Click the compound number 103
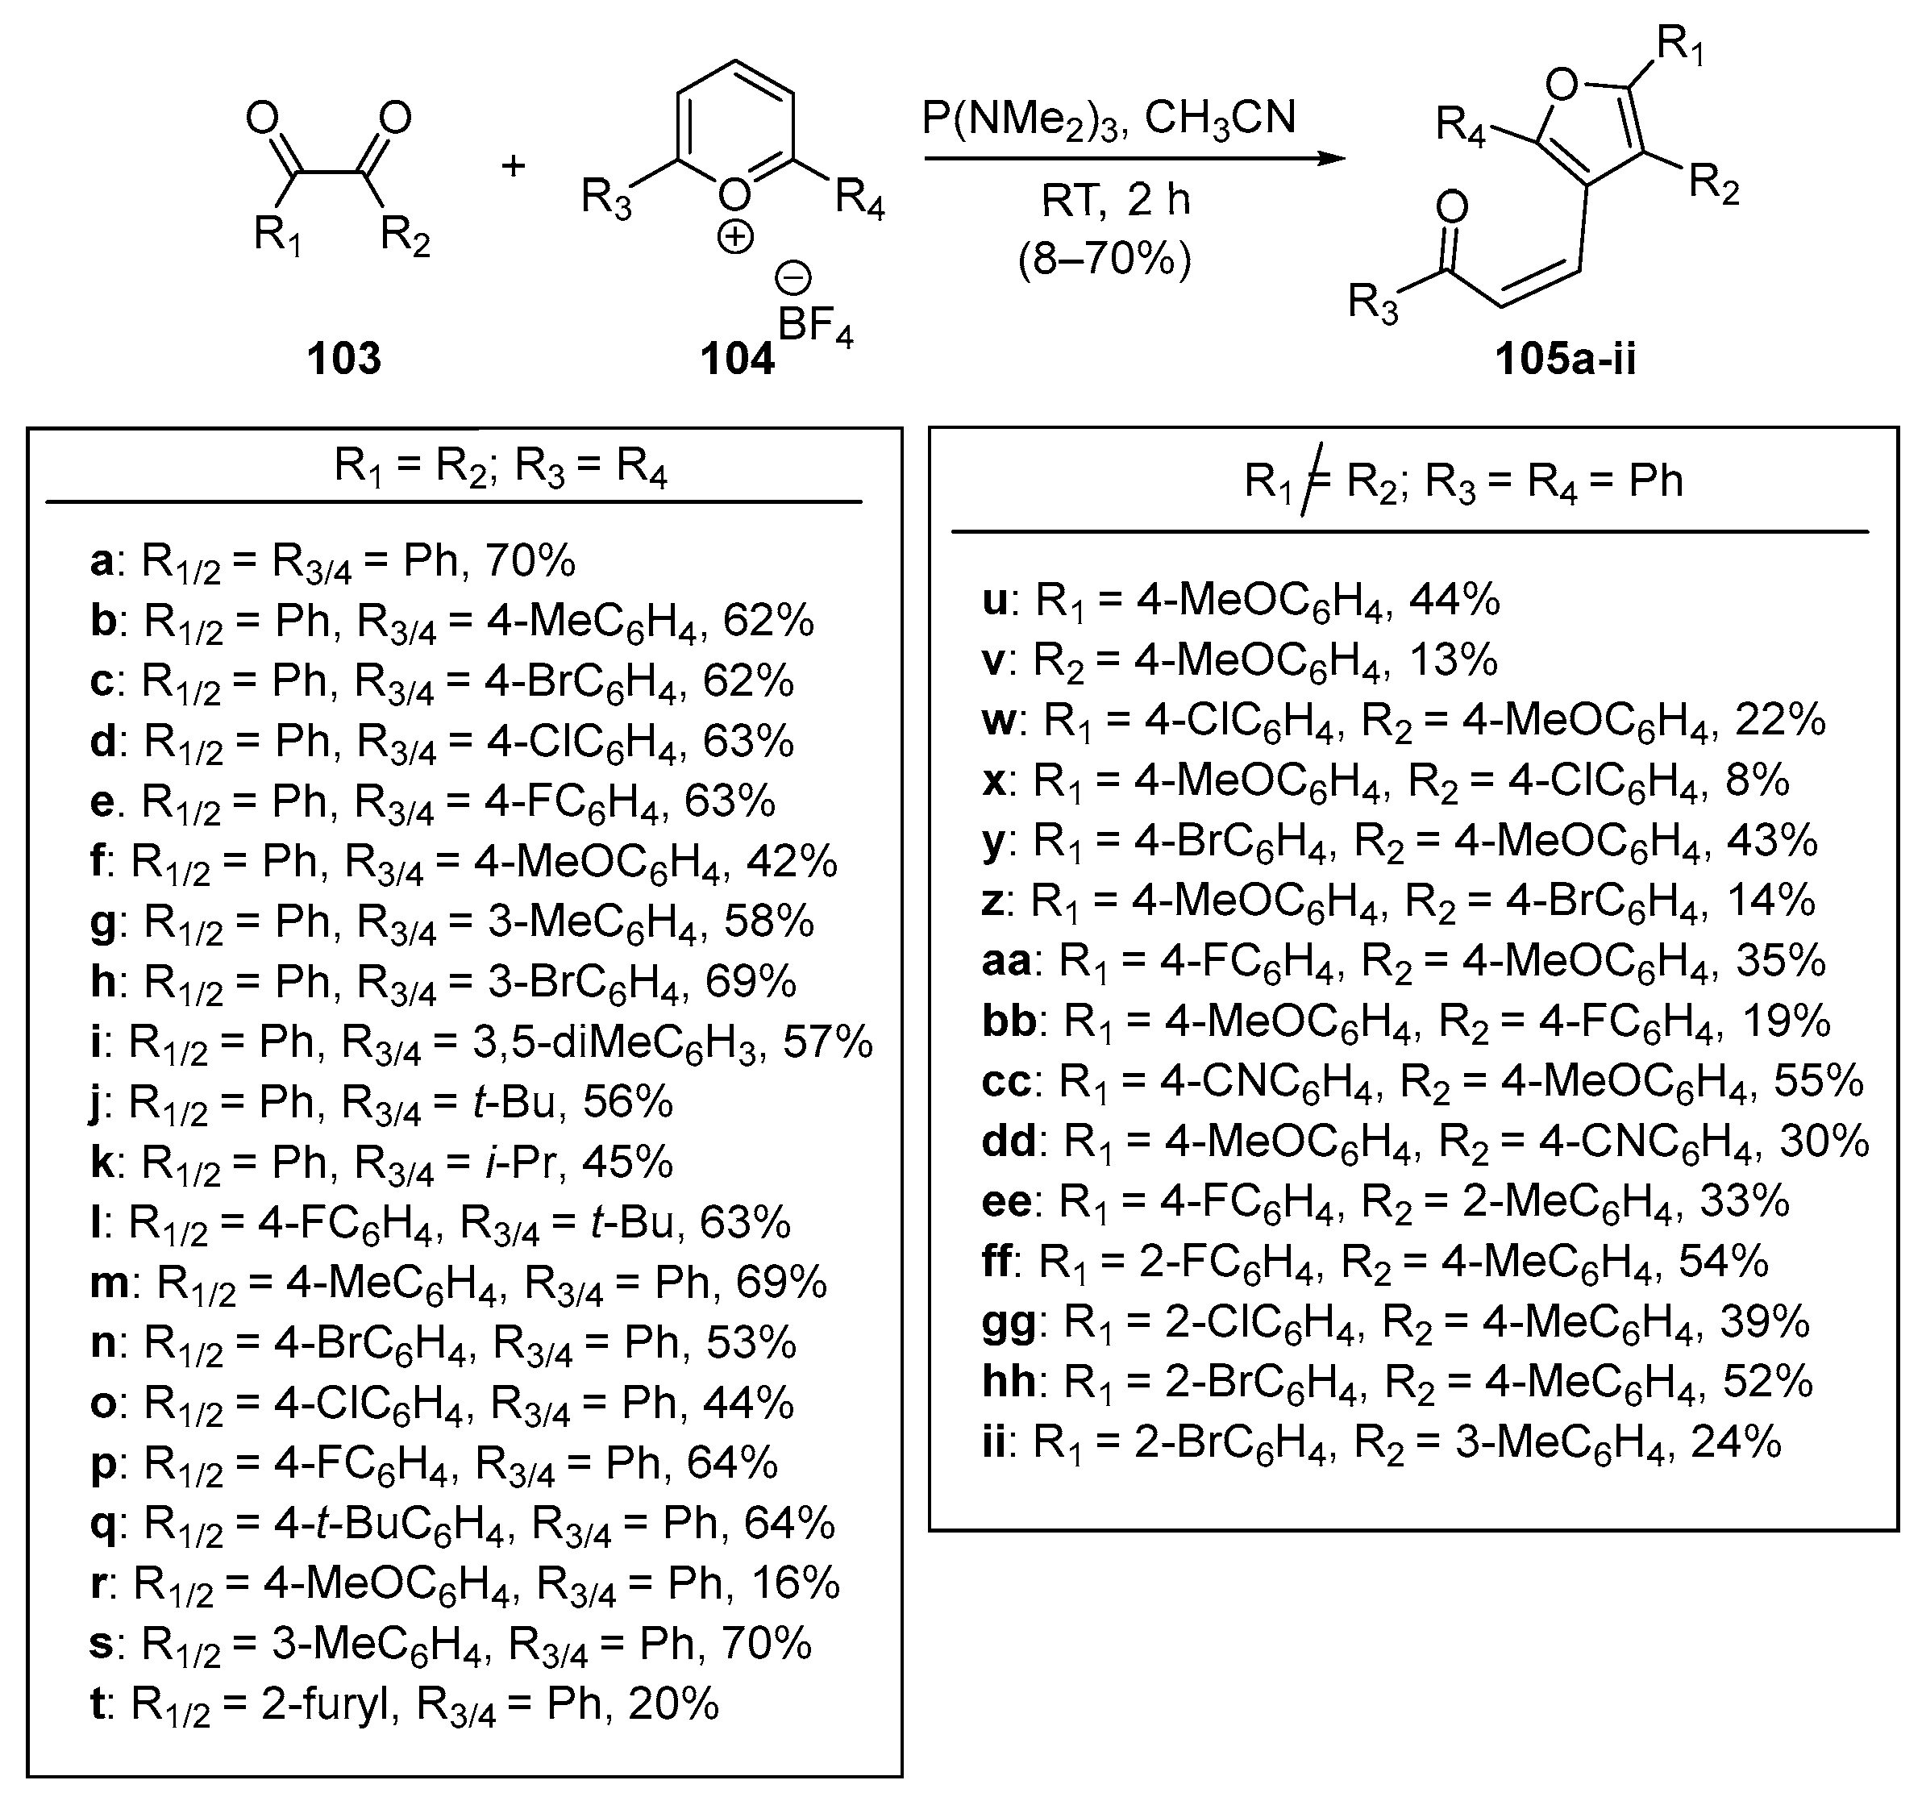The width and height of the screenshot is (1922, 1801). pyautogui.click(x=343, y=359)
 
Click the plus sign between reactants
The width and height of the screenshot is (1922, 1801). pyautogui.click(x=513, y=166)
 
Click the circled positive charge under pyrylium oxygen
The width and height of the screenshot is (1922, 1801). pyautogui.click(x=734, y=237)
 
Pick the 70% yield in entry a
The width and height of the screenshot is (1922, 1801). pyautogui.click(x=530, y=561)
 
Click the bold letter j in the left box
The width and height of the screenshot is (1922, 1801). pyautogui.click(x=95, y=1102)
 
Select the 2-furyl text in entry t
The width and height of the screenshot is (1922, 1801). pyautogui.click(x=331, y=1703)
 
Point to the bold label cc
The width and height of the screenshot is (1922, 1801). pyautogui.click(x=1005, y=1081)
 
